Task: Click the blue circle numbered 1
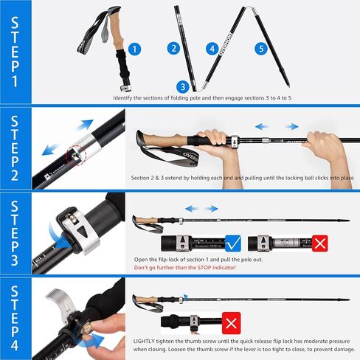coord(134,49)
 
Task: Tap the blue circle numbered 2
coord(174,49)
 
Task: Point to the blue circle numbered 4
coord(212,49)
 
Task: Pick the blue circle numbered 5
coord(259,49)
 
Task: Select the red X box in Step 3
coord(319,243)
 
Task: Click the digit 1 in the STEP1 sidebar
coord(14,82)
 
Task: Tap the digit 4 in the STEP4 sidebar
coord(14,342)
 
